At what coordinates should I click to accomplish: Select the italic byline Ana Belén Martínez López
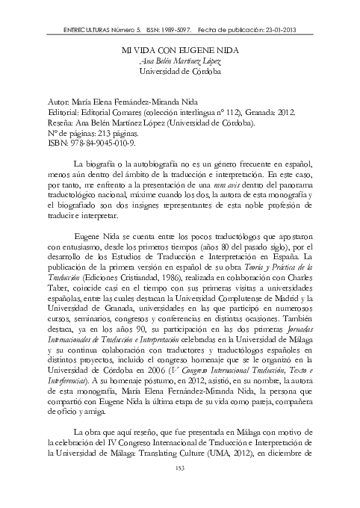pos(179,59)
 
